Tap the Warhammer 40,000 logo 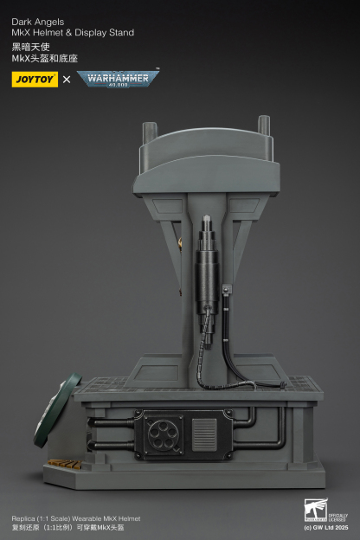click(118, 79)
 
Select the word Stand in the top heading click(120, 33)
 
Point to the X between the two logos click(67, 80)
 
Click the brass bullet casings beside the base click(61, 463)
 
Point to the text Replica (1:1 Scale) click(42, 517)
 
